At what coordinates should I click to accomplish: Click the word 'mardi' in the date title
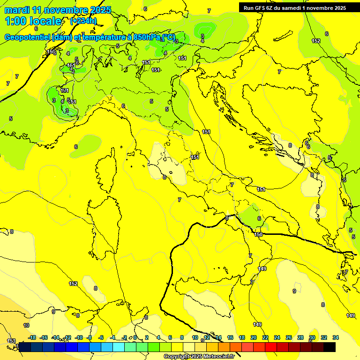(15, 10)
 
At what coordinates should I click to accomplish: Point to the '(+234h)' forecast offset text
(83, 21)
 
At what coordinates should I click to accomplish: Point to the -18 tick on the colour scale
(32, 338)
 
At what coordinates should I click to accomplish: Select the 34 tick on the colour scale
(336, 338)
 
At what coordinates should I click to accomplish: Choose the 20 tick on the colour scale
(254, 338)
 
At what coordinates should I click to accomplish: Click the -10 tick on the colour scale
(79, 338)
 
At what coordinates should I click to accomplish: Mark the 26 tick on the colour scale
(289, 338)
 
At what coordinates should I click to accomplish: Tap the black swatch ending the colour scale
(330, 347)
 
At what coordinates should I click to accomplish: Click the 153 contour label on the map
(12, 341)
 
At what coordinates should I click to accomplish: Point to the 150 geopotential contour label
(258, 234)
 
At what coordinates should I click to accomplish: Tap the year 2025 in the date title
(101, 10)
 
